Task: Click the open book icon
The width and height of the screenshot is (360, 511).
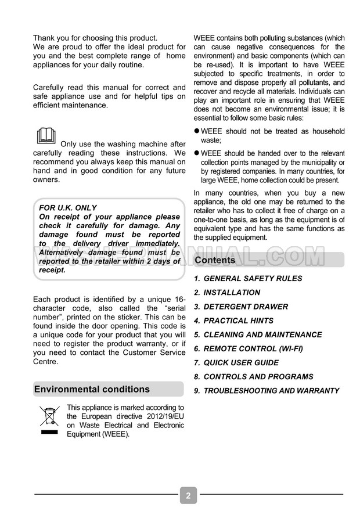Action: [x=46, y=136]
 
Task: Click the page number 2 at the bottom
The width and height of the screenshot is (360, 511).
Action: [x=188, y=496]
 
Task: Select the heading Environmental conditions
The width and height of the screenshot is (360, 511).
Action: [x=92, y=389]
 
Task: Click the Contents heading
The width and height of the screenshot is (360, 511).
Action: [x=215, y=260]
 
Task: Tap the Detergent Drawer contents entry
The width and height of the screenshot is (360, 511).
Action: [x=241, y=307]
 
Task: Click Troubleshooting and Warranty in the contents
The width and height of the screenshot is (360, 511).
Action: [x=267, y=391]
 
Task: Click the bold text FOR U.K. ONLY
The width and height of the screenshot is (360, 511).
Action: [x=68, y=207]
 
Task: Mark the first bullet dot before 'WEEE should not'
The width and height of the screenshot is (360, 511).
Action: [x=196, y=131]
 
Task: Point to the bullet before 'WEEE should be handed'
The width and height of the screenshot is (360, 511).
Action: [x=196, y=153]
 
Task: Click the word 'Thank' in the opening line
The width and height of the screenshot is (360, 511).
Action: [x=45, y=38]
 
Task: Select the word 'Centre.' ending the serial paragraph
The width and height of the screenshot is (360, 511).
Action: [x=46, y=361]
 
